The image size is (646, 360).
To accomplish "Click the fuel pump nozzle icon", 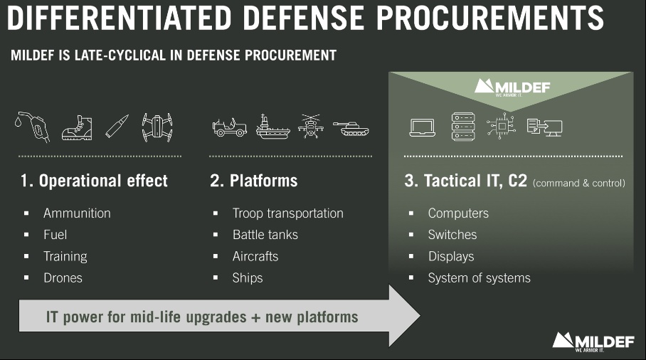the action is click(x=33, y=127).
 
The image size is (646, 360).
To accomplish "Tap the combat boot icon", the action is click(x=77, y=127).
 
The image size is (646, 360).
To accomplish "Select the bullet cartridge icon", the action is click(x=117, y=126).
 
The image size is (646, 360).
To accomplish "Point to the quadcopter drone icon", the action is click(x=157, y=127).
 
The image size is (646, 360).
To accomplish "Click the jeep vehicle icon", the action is click(x=230, y=127).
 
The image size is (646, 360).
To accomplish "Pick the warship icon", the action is click(x=272, y=127).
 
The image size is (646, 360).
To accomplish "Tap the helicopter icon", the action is click(x=311, y=126).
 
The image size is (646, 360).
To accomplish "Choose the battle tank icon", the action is click(x=351, y=129).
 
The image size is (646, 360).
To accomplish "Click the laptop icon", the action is click(x=423, y=127).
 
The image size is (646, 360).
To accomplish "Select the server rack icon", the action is click(x=463, y=127).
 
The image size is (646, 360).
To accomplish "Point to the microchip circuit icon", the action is click(x=501, y=126).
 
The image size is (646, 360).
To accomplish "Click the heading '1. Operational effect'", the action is click(x=94, y=181).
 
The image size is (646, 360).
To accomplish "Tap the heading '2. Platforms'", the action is click(x=254, y=181).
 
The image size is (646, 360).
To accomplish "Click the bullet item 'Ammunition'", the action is click(x=77, y=213).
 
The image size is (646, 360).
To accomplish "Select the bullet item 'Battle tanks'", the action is click(x=265, y=235).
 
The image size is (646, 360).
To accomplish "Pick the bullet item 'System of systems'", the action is click(x=479, y=278).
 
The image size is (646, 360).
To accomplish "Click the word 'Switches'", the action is click(x=452, y=235).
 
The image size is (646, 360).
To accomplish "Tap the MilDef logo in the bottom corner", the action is click(x=593, y=342).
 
